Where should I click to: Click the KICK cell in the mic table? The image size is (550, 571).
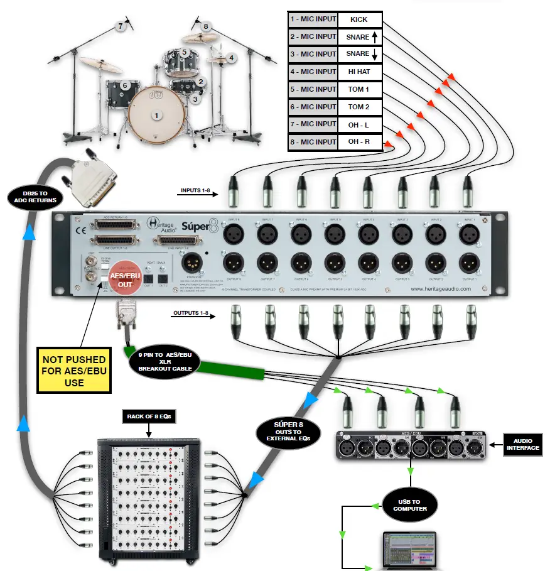tap(359, 19)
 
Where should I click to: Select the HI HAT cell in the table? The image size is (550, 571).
tap(359, 72)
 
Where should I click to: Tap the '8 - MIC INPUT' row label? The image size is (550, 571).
tap(313, 142)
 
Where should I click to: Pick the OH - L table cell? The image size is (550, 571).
tap(359, 124)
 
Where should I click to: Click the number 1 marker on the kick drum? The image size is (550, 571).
tap(157, 115)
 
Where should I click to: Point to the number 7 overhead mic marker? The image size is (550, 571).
tap(121, 26)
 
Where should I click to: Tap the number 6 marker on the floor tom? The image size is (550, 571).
tap(125, 85)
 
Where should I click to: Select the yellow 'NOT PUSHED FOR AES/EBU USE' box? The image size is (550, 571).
tap(74, 370)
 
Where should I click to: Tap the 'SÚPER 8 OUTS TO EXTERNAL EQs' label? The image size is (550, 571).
tap(289, 433)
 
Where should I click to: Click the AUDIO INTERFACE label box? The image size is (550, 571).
tap(523, 443)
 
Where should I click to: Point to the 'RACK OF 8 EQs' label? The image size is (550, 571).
tap(149, 416)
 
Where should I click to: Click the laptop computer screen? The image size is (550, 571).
tap(412, 550)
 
